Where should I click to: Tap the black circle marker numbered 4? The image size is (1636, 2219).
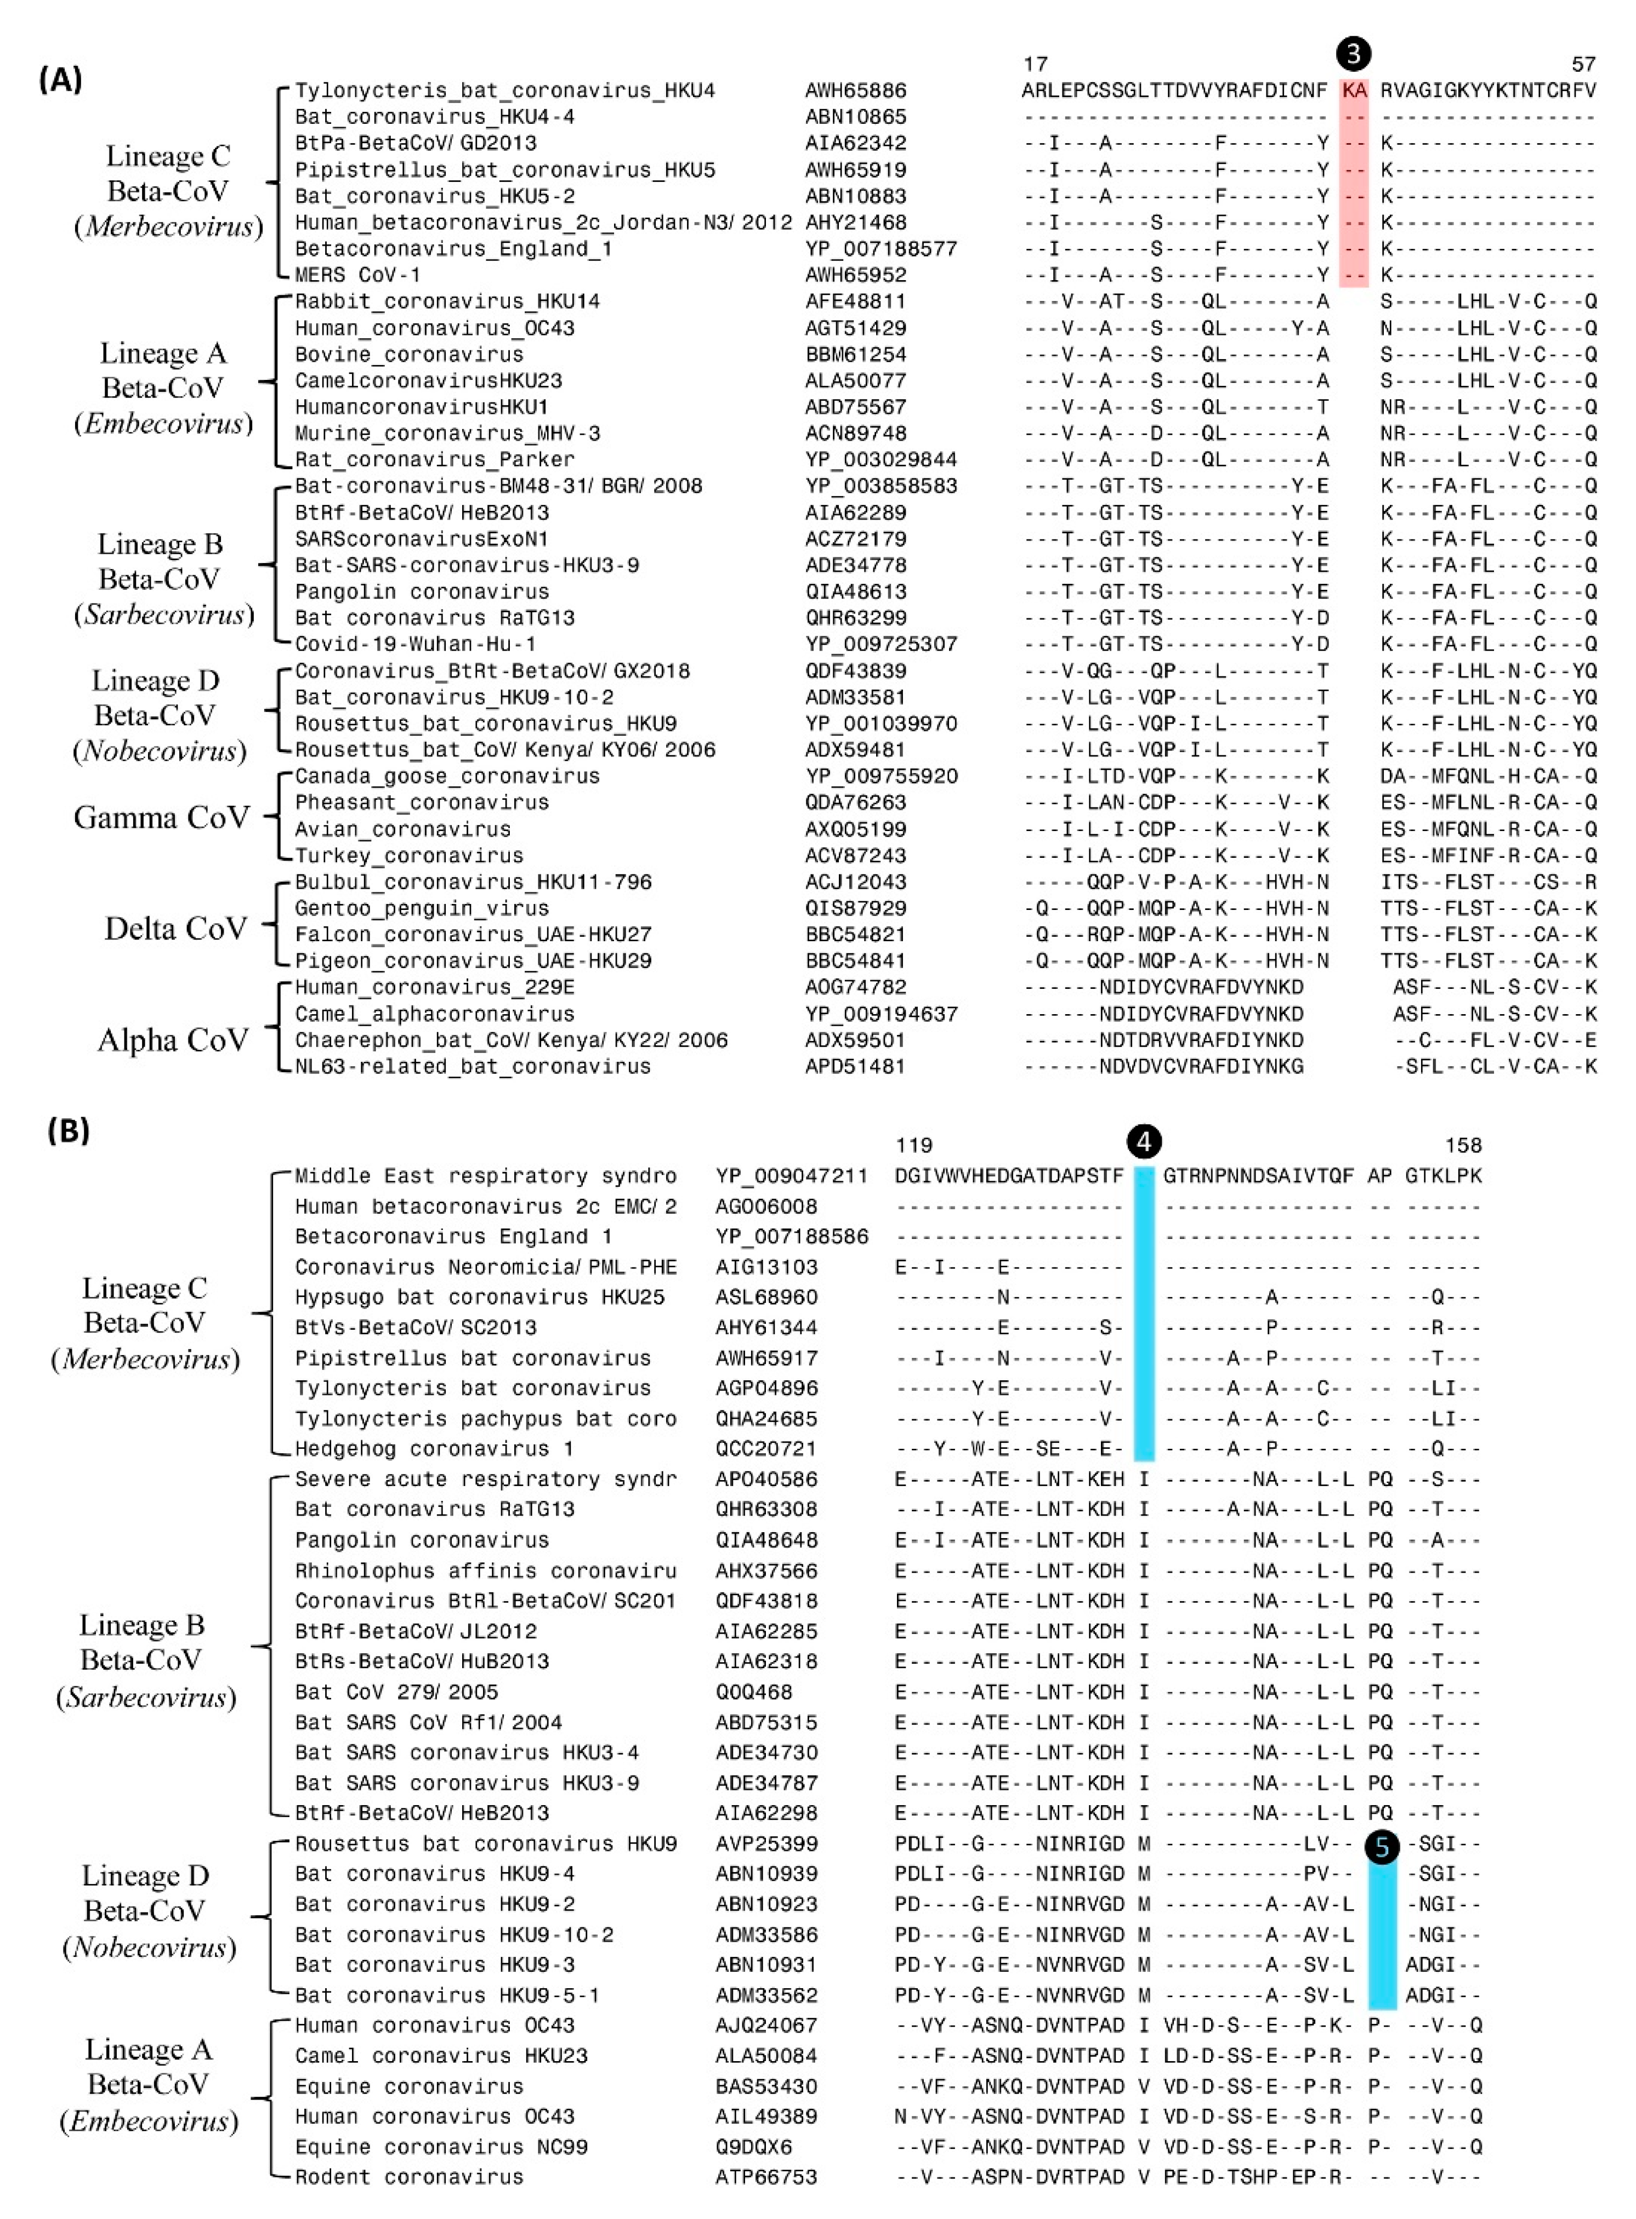(1144, 1142)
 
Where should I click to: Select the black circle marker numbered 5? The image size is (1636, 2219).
(1382, 1847)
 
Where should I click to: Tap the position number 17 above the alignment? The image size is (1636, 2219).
(1036, 64)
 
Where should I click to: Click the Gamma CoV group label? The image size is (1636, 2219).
(161, 818)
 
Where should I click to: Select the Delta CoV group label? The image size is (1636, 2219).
(175, 929)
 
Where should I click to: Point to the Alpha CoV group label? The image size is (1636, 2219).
(172, 1040)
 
